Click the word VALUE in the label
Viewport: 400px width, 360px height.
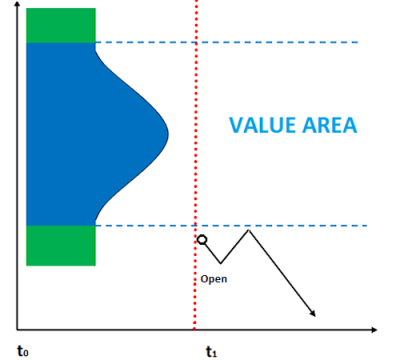(x=258, y=126)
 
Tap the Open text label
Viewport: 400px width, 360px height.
(x=213, y=279)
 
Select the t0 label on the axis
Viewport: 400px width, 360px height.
(x=23, y=351)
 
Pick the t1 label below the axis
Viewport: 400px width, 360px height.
(x=211, y=351)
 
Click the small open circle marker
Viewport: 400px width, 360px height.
(x=202, y=240)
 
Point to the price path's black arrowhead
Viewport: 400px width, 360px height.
(x=312, y=313)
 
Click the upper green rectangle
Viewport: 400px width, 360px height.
(x=61, y=25)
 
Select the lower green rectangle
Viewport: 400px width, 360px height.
(x=61, y=246)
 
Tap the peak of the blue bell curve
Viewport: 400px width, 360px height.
(x=165, y=132)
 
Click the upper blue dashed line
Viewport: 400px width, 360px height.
(x=250, y=42)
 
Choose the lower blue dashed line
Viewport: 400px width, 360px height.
(x=300, y=226)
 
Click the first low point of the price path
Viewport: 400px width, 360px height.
(x=221, y=263)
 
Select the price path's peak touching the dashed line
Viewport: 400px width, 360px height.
(x=247, y=231)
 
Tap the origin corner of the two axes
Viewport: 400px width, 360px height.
(x=17, y=328)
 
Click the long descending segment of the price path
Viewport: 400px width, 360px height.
(x=280, y=272)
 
